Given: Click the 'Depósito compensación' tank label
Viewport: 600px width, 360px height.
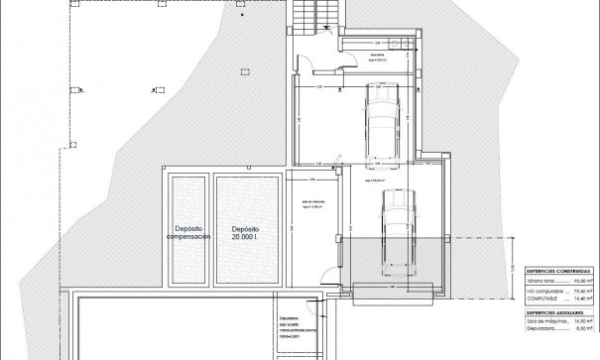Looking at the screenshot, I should [x=186, y=232].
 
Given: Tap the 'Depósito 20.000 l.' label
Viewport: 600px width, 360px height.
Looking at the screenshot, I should [x=241, y=232].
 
